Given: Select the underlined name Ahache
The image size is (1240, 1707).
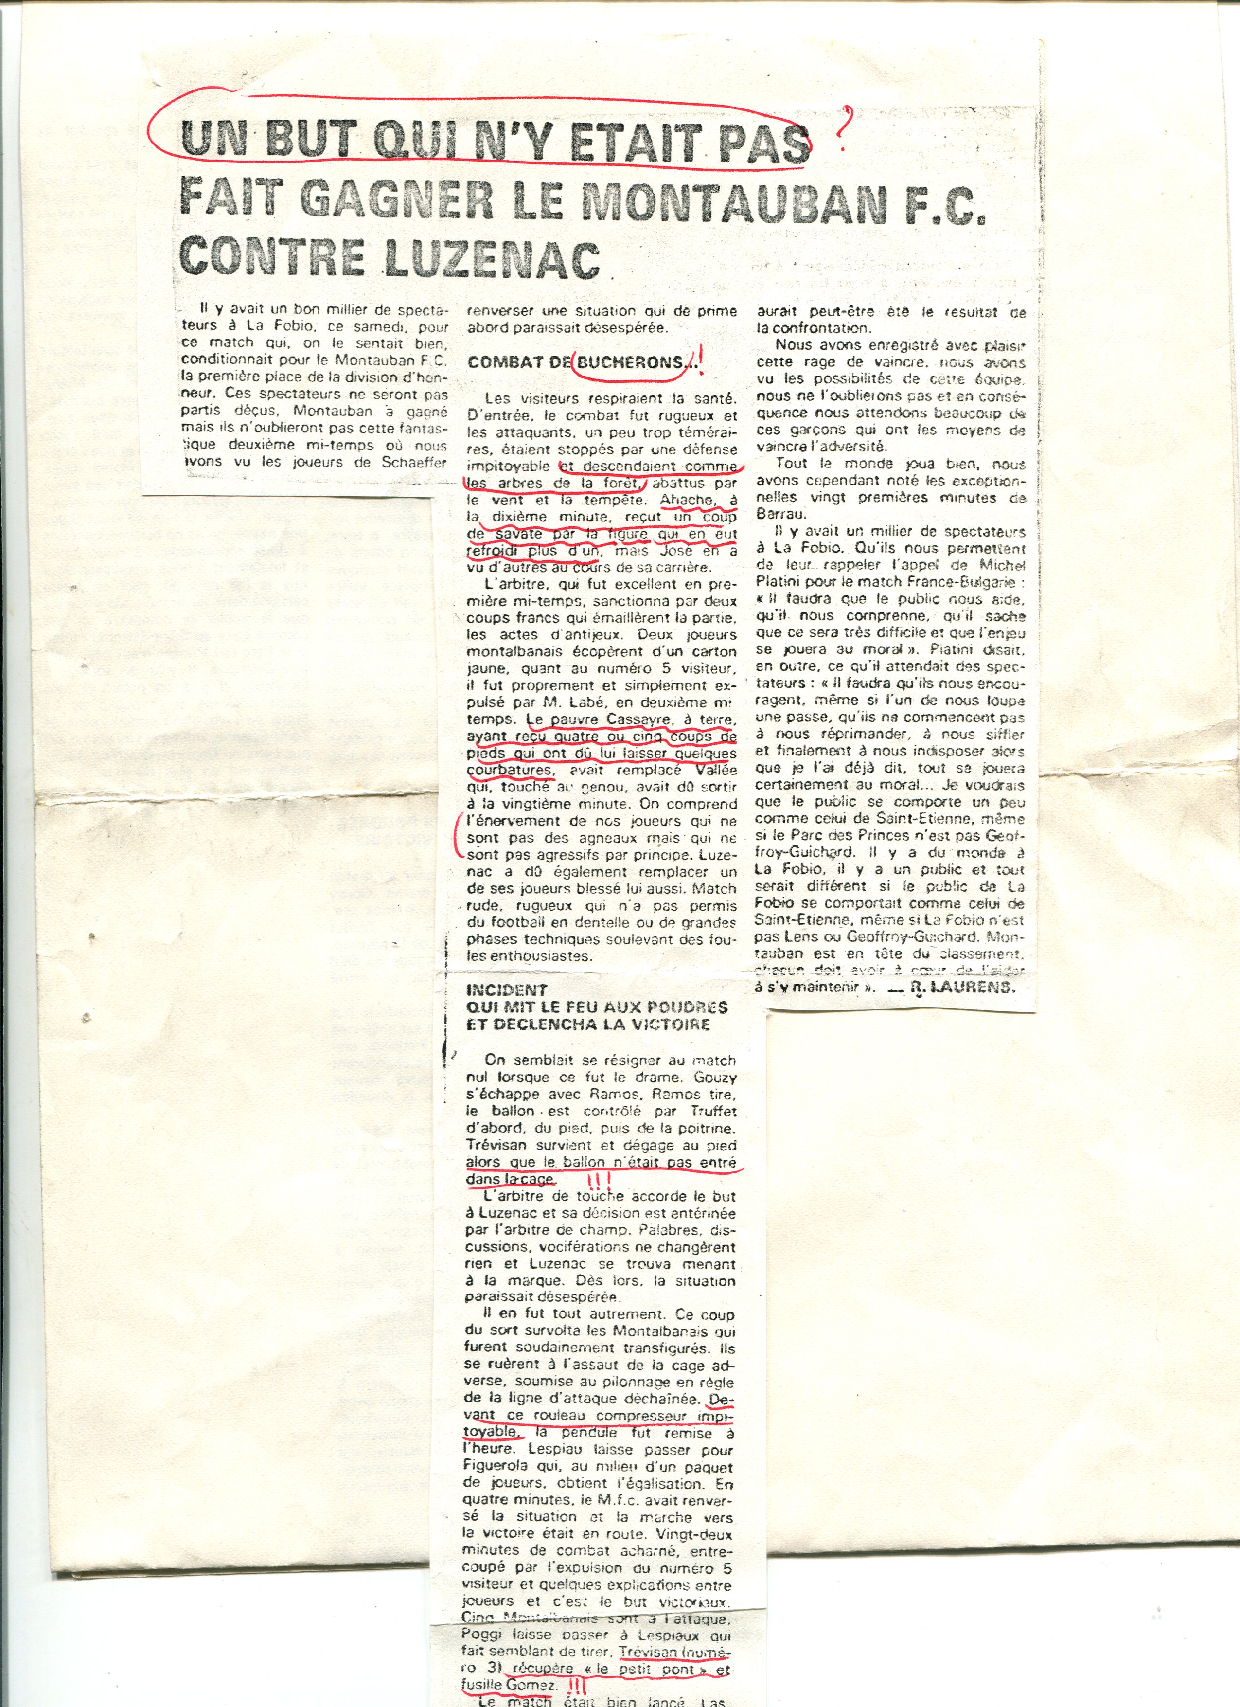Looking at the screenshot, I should pos(685,501).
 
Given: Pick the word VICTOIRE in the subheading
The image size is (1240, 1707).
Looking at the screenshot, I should pos(662,1024).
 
